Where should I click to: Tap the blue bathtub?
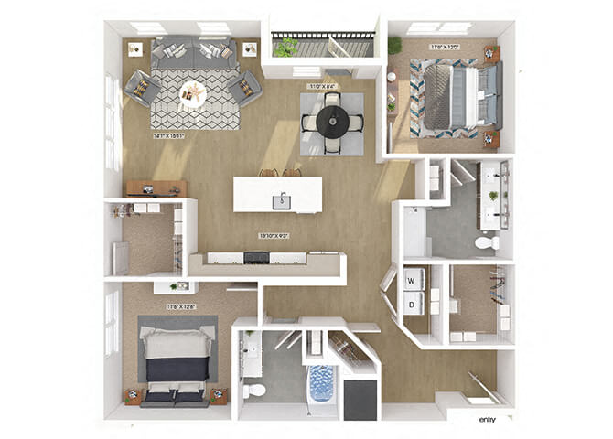tap(323, 383)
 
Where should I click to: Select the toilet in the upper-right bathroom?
tap(486, 243)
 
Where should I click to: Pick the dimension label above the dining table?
tap(321, 86)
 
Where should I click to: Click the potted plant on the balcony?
tap(286, 48)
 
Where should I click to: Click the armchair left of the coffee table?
tap(142, 88)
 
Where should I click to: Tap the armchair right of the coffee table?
tap(244, 88)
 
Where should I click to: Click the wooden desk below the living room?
tap(155, 188)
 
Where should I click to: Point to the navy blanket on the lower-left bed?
tap(177, 369)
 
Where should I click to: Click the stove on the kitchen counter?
tap(256, 258)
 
